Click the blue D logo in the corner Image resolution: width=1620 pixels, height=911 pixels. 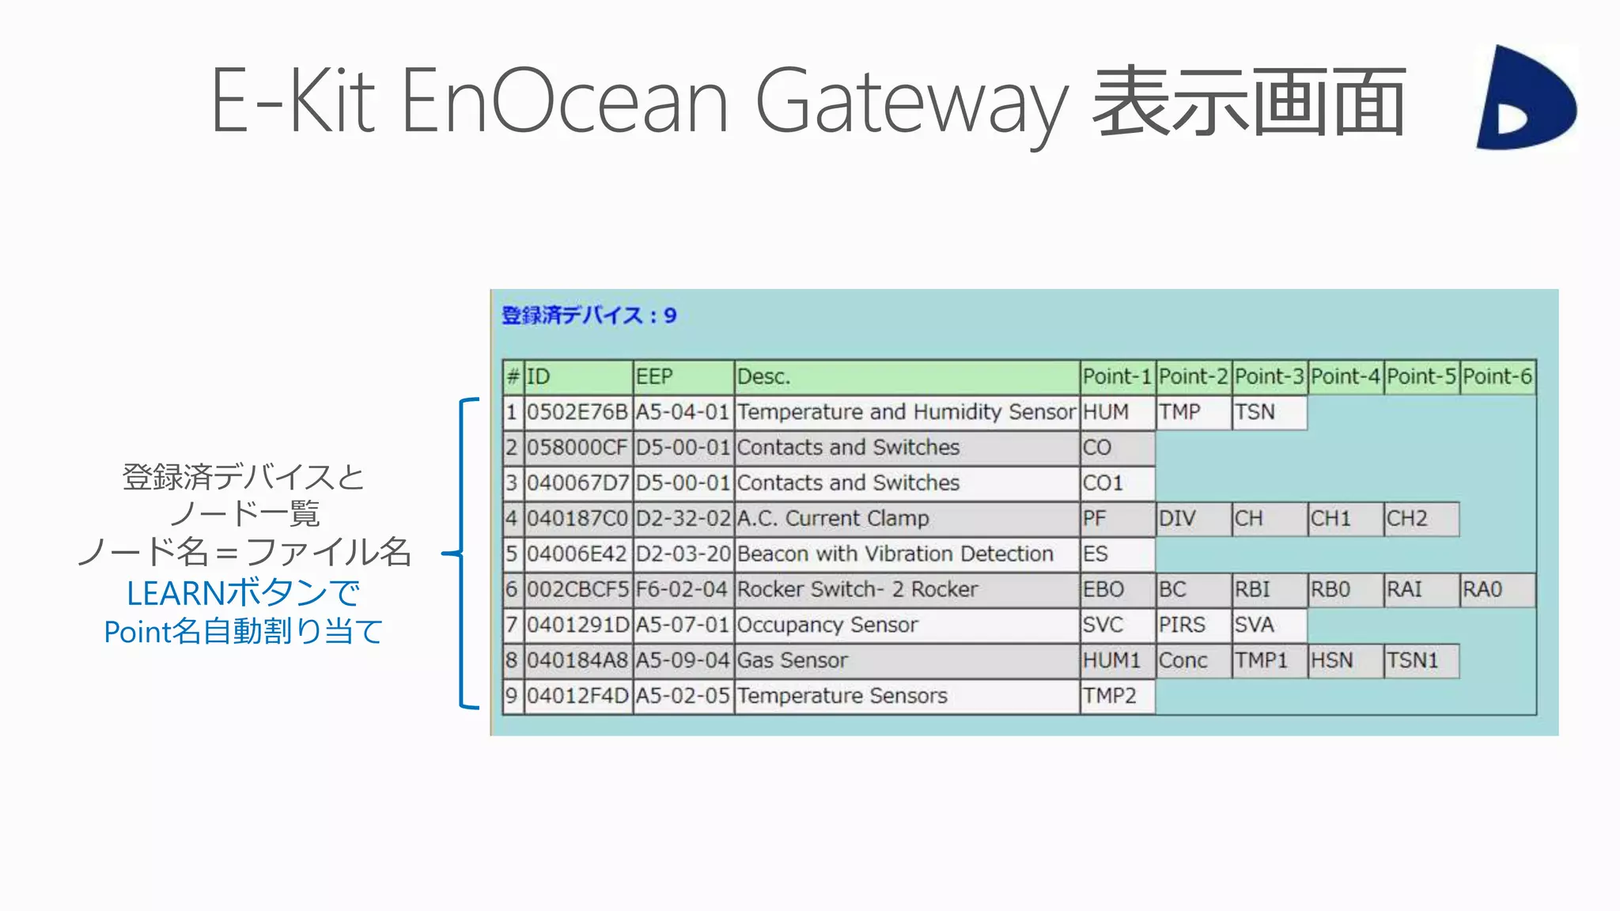coord(1525,97)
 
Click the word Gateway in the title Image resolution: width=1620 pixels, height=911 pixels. coord(912,103)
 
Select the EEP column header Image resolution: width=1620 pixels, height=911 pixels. coord(683,376)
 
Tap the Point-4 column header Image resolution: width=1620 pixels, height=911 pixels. coord(1345,376)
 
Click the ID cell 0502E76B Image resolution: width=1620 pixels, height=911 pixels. coord(577,412)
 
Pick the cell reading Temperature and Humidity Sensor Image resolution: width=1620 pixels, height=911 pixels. coord(907,412)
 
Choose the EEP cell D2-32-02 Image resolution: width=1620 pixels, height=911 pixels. coord(683,519)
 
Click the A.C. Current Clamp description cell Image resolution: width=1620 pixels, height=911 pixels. coord(907,519)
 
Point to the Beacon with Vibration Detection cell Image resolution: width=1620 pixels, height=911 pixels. coord(907,554)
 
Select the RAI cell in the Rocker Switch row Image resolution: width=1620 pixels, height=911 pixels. coord(1421,589)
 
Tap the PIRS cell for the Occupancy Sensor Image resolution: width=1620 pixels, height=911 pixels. coord(1193,625)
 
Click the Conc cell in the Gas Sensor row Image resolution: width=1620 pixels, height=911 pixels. coord(1193,660)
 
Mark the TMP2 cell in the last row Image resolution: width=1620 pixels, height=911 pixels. coord(1116,696)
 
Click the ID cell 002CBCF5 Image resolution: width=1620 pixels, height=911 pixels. coord(577,589)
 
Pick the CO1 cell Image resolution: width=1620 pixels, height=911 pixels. coord(1116,483)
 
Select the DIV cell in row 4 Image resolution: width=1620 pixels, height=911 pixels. coord(1193,519)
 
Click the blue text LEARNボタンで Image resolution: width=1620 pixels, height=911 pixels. coord(244,593)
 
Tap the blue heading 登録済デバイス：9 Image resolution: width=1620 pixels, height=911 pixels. coord(589,316)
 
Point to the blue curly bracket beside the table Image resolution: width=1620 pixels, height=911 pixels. coord(464,554)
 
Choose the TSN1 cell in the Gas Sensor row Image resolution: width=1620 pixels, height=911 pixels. coord(1421,660)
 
